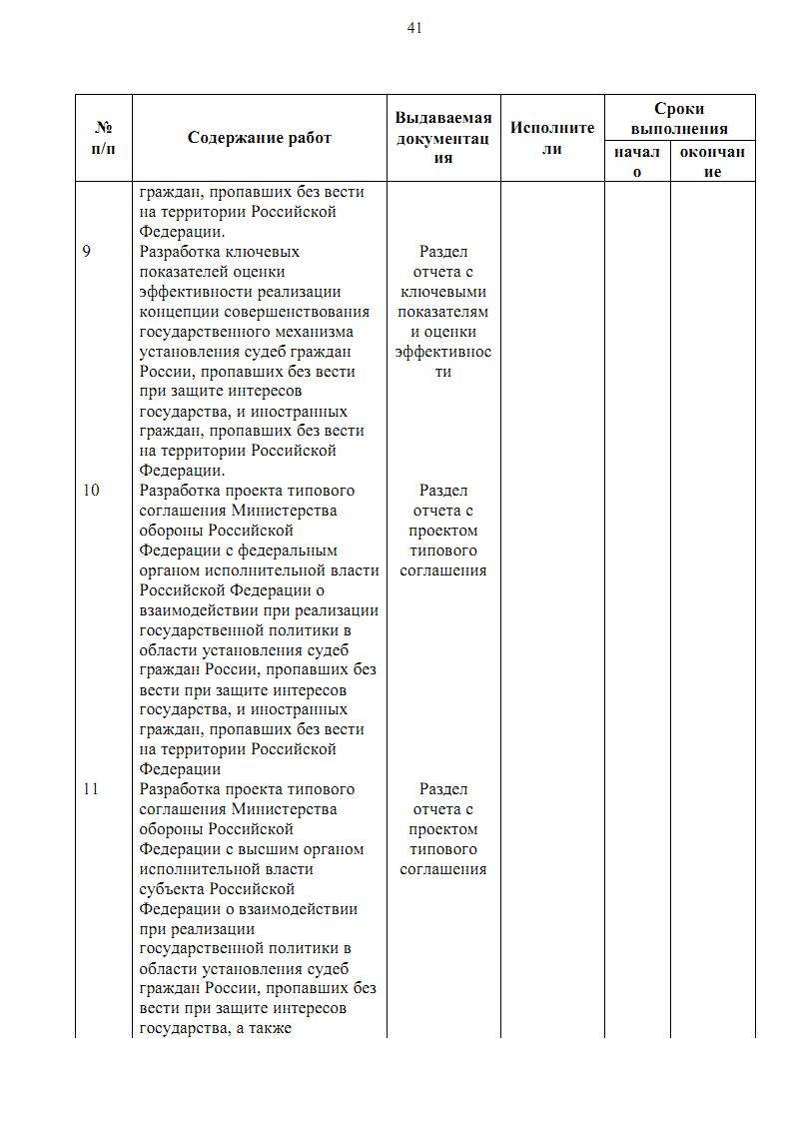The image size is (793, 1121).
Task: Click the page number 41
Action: coord(414,28)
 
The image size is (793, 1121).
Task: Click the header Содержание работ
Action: coord(260,138)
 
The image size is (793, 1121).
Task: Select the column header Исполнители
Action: coord(552,138)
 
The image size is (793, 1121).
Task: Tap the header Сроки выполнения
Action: coord(679,119)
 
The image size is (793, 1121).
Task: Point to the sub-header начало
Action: coord(637,162)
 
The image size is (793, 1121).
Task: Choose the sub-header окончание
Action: coord(712,162)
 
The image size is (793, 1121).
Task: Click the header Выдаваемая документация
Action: coord(443,138)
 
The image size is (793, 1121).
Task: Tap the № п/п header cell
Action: coord(103,138)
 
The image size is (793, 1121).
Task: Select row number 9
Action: coord(87,252)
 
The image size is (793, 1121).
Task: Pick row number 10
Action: coord(91,491)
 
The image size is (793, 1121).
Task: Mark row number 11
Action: coord(91,789)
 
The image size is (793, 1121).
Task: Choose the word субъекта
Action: coord(175,889)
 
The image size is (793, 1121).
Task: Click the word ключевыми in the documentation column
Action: coord(443,292)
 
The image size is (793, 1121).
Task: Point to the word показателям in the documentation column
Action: coord(443,312)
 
